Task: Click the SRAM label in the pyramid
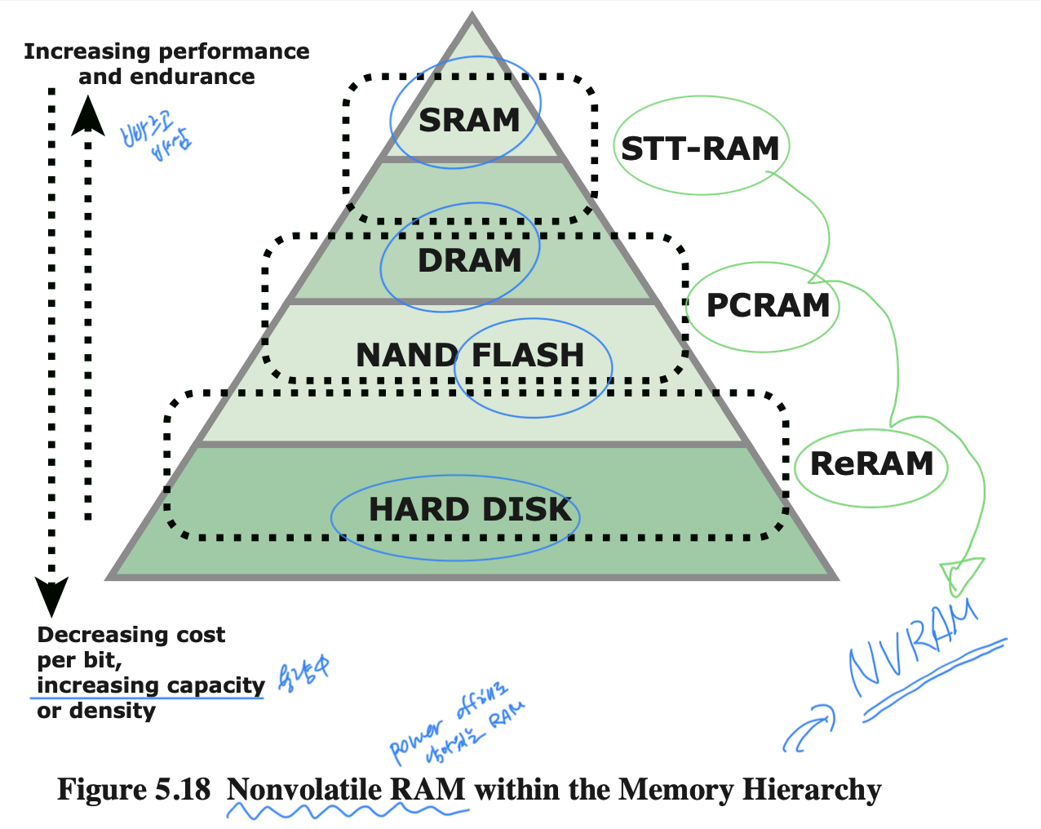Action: (469, 121)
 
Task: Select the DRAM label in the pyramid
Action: (469, 261)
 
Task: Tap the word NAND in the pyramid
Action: (406, 356)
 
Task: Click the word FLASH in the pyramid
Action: (528, 356)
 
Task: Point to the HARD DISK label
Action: (470, 509)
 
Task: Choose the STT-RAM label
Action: (700, 149)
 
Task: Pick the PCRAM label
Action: (768, 306)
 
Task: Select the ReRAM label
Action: (871, 463)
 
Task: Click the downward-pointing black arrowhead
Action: (51, 595)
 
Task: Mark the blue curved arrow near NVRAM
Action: (808, 728)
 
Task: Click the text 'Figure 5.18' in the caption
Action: (134, 790)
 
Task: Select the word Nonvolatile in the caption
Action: (303, 790)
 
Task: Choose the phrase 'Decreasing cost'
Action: (131, 635)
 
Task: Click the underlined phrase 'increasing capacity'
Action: (151, 685)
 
